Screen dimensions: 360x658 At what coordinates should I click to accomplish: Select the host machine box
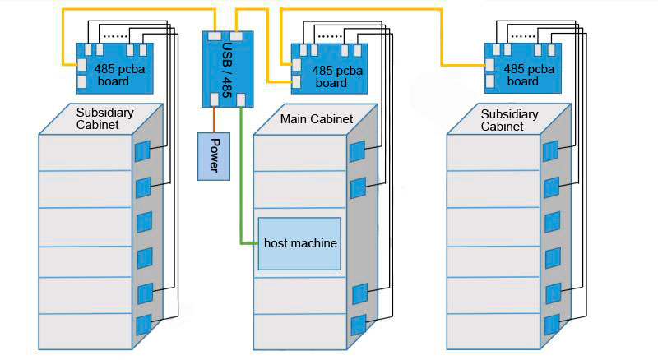click(x=299, y=243)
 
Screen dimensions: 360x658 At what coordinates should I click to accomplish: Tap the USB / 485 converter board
click(x=229, y=68)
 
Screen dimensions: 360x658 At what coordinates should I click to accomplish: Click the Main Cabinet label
click(x=316, y=119)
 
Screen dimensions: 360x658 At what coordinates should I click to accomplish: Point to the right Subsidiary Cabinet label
click(x=509, y=120)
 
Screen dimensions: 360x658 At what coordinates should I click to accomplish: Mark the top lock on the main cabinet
click(x=357, y=152)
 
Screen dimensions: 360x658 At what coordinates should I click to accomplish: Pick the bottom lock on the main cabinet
click(x=358, y=325)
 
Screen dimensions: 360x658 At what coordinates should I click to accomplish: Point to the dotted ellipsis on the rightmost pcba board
click(x=521, y=37)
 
